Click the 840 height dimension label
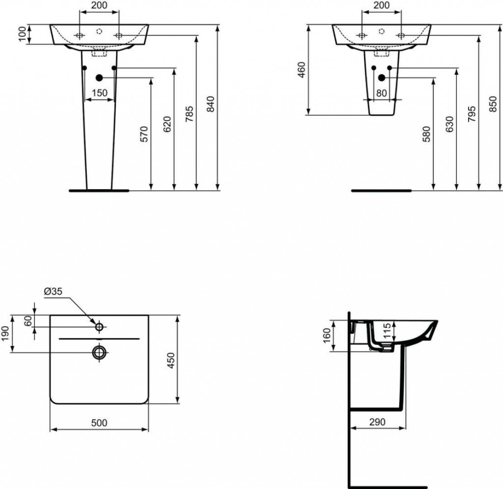tap(210, 104)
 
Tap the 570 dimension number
tap(143, 134)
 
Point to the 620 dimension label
tap(167, 124)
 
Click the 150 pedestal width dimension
tap(99, 93)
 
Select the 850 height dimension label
tap(494, 104)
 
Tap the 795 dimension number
tap(472, 114)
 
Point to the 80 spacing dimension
tap(382, 93)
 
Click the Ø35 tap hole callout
tap(53, 291)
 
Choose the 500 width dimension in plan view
tap(99, 422)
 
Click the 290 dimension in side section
tap(377, 422)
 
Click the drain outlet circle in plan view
tap(99, 351)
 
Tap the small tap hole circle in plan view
tap(99, 326)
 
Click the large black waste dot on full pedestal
tap(99, 78)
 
